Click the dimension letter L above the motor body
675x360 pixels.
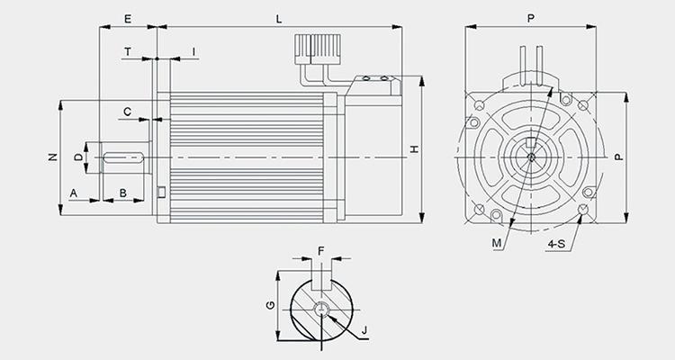279,19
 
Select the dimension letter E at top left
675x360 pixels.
128,19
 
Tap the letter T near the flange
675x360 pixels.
128,52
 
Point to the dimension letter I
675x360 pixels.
193,52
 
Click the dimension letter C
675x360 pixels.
128,112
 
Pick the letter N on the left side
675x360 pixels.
52,157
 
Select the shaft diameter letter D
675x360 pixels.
78,157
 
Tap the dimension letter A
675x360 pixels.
74,193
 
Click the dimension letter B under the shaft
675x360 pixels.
123,193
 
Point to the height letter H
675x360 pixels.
414,149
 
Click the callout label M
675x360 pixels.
497,243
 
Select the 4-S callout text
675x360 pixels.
556,244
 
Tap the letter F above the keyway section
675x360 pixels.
320,251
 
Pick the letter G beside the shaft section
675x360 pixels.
270,305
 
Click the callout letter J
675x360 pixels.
364,330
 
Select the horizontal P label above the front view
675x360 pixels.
531,19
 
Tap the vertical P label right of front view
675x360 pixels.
619,157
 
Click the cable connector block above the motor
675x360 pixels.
318,49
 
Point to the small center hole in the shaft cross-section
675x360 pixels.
321,310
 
